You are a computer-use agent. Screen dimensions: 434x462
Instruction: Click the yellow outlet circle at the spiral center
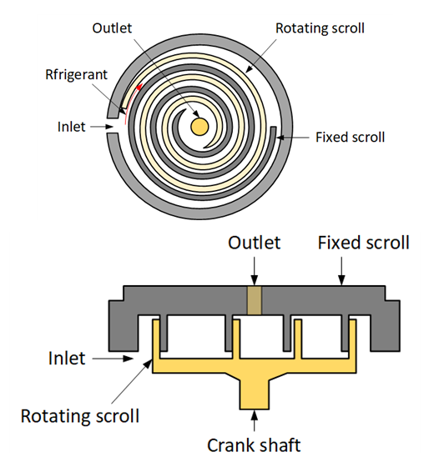199,127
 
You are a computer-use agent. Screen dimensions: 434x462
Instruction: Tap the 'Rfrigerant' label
76,74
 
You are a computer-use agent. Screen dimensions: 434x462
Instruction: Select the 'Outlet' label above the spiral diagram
112,28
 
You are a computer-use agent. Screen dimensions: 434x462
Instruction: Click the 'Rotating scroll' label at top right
320,28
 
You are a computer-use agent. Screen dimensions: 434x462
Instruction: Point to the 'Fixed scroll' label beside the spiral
350,138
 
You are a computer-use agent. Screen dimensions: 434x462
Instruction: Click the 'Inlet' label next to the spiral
71,127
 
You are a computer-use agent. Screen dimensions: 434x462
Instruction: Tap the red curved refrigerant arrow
132,103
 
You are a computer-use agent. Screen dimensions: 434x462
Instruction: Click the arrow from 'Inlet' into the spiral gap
102,127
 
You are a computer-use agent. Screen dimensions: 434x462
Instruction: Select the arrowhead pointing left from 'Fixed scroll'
280,138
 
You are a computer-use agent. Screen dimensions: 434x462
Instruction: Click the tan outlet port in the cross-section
255,300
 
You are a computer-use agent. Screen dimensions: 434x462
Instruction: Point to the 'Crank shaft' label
254,445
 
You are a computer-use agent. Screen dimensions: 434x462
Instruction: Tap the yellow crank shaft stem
255,394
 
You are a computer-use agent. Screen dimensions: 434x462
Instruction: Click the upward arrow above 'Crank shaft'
255,421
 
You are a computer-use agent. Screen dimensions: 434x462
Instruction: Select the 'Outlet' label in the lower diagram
255,243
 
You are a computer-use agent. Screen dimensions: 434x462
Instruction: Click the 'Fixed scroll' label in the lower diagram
364,243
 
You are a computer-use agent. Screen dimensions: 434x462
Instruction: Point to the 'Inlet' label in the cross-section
67,359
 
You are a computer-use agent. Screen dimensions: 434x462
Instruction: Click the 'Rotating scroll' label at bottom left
80,416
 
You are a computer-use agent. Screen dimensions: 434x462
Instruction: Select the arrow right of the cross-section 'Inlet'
113,359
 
